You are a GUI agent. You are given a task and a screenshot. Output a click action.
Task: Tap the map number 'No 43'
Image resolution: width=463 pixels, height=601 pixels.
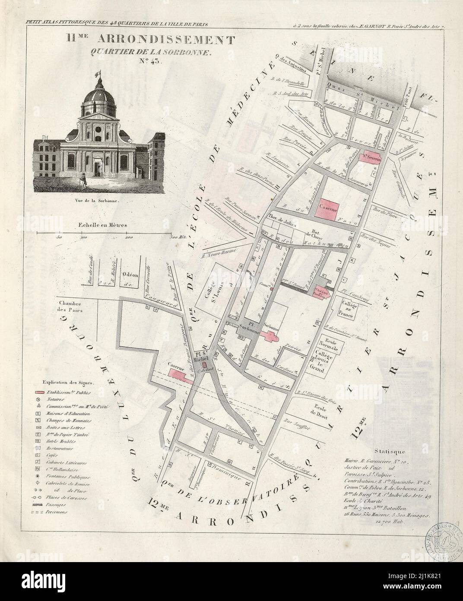pos(149,61)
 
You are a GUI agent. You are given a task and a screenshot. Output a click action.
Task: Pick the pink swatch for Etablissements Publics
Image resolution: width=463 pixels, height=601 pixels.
pos(40,392)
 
